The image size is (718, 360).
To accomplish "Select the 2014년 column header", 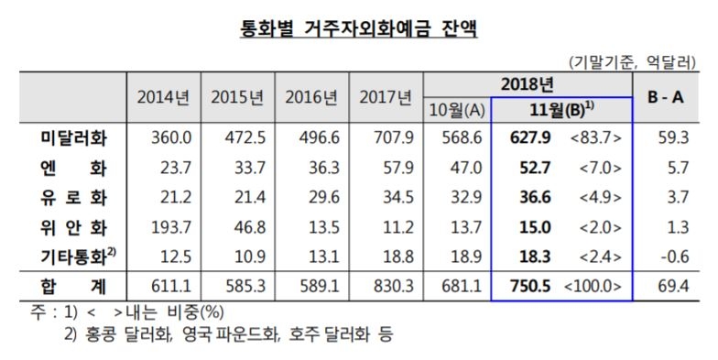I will click(161, 97).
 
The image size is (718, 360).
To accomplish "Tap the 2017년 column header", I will click(386, 97).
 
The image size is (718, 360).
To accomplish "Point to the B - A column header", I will click(673, 97).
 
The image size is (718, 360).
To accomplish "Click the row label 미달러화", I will click(73, 138).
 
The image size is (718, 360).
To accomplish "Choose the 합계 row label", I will click(73, 285).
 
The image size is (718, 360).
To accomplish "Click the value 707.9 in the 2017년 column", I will click(388, 138).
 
